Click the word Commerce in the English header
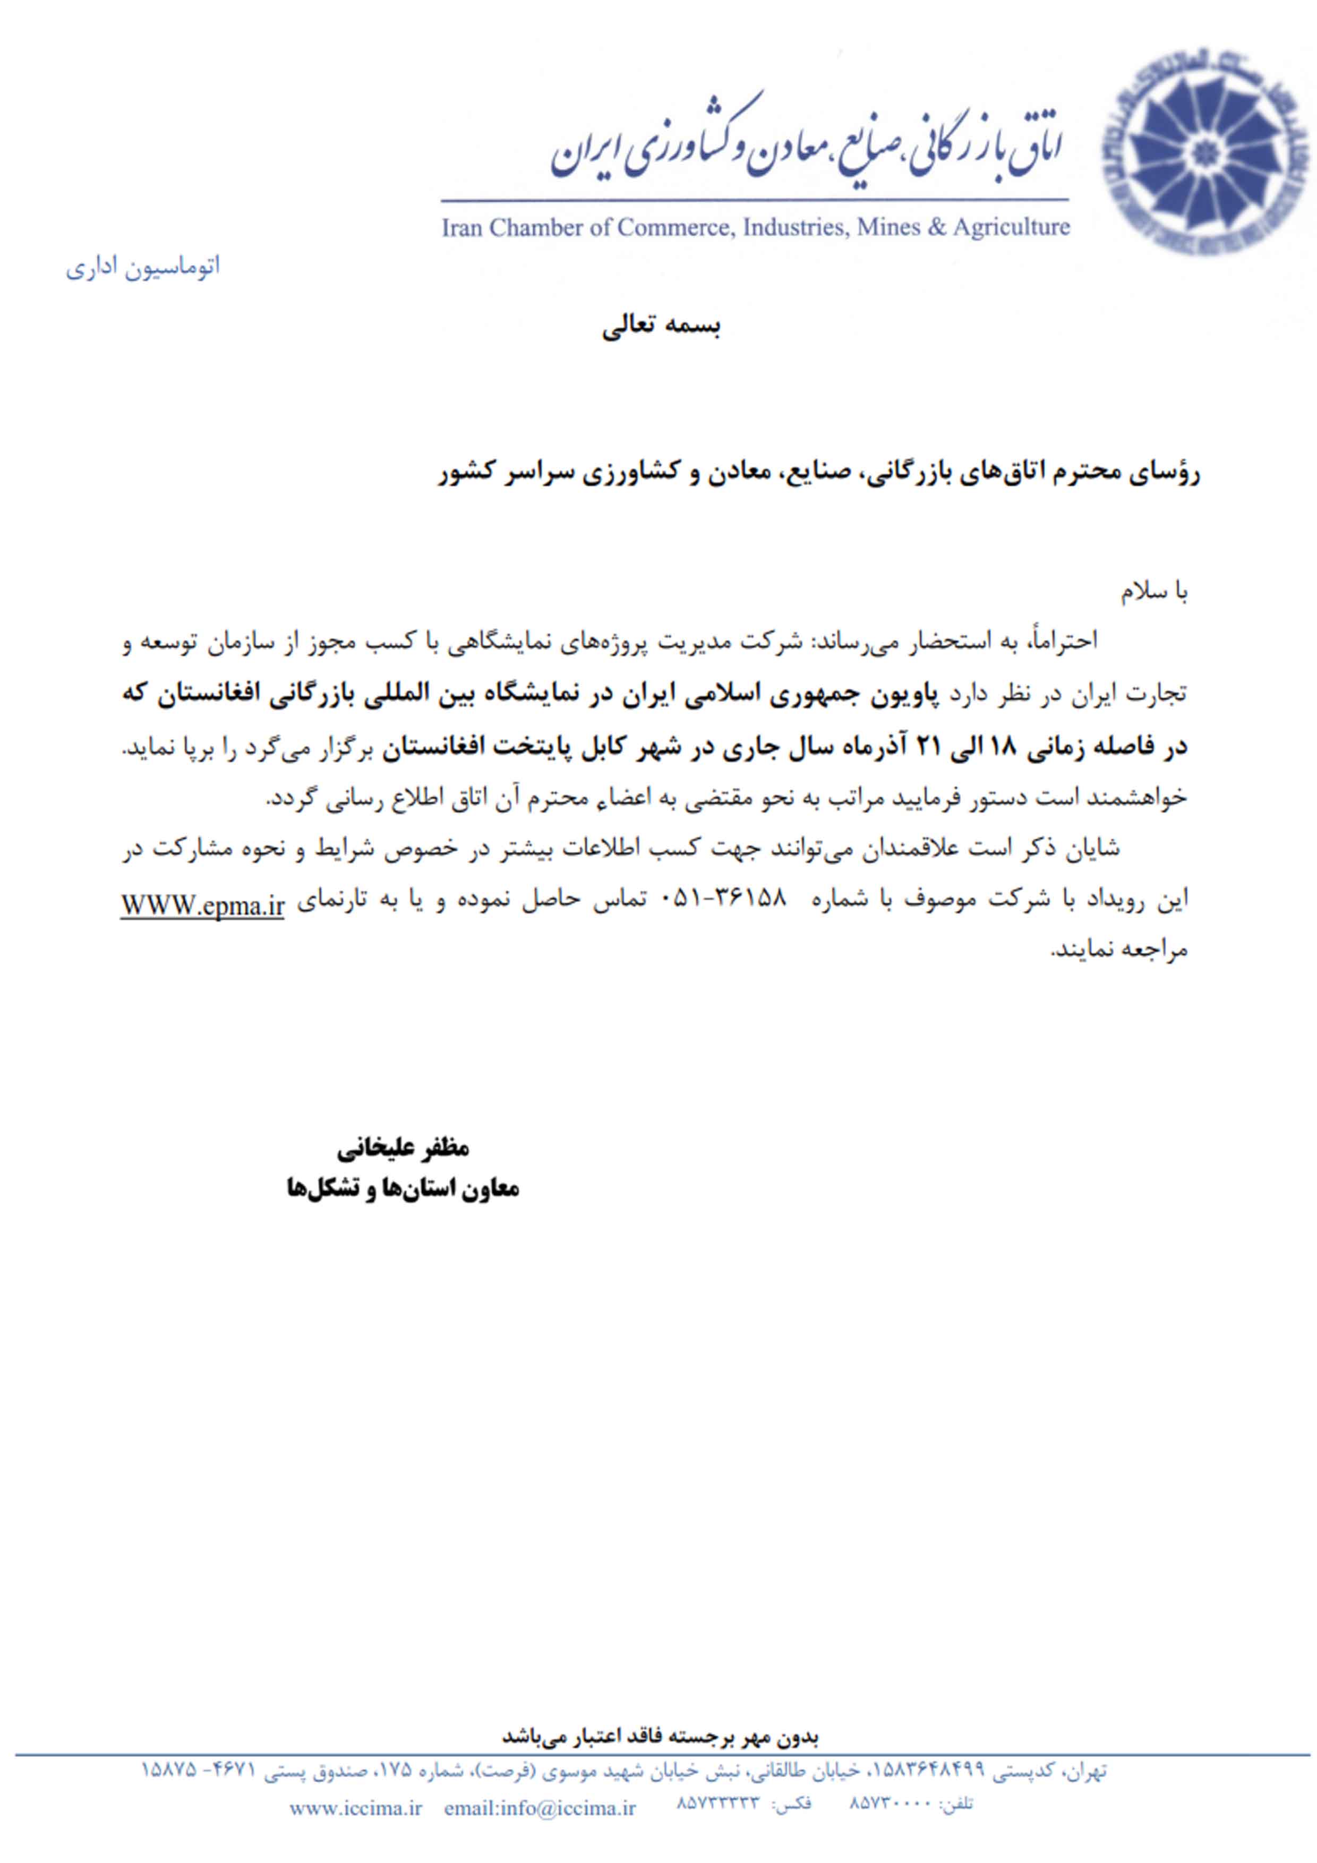(x=670, y=228)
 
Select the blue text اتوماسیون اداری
(x=143, y=267)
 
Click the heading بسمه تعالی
(x=661, y=327)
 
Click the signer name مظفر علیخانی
(x=403, y=1148)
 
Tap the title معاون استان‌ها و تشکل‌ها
(x=403, y=1189)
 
